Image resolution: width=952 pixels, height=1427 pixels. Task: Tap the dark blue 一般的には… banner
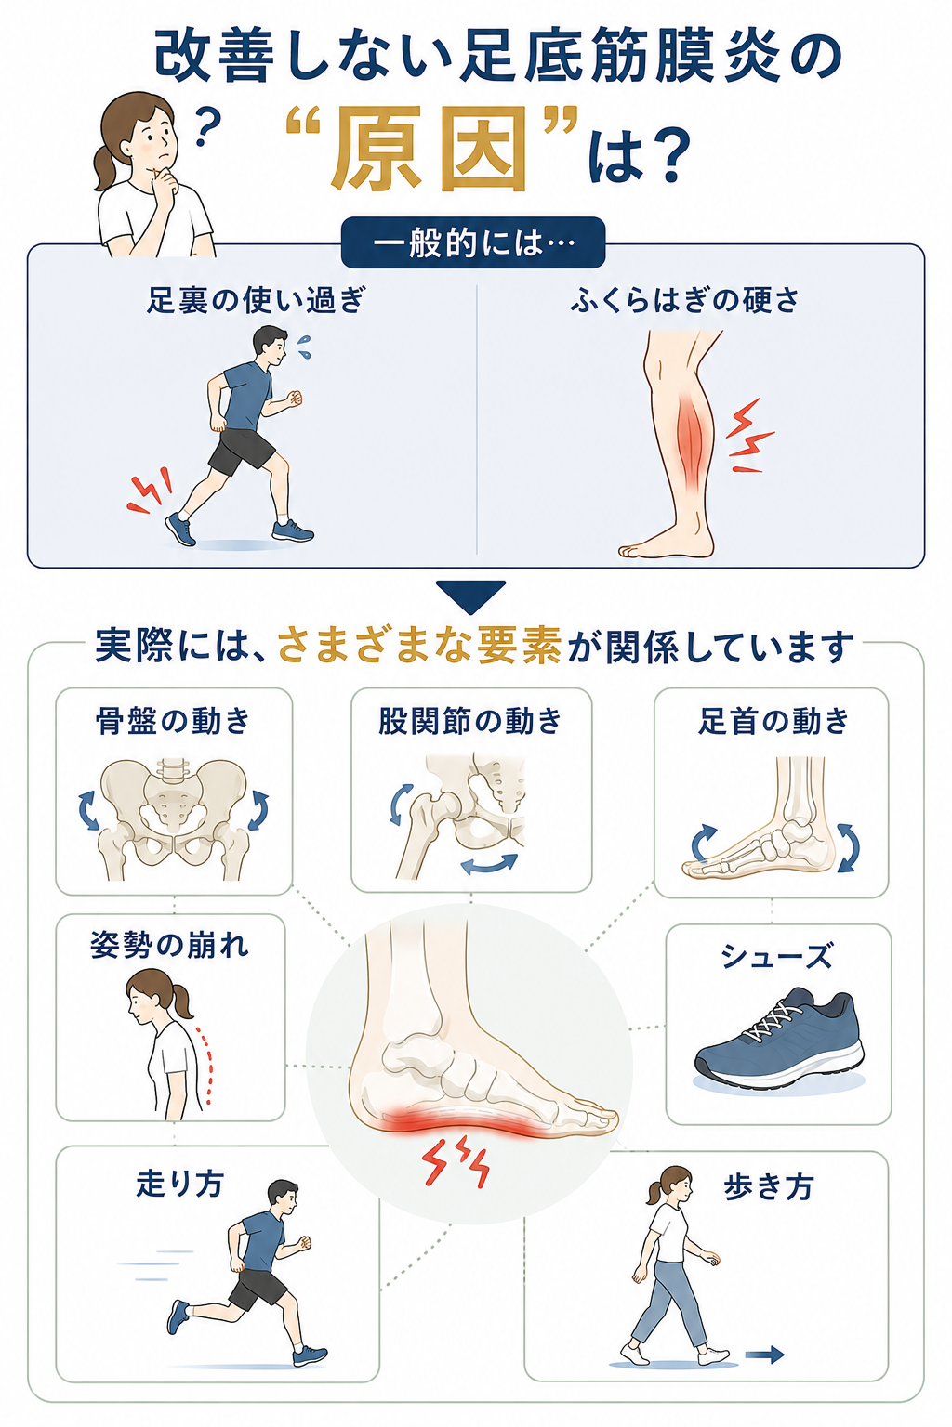coord(472,243)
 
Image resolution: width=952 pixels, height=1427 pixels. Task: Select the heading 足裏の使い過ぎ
coord(256,300)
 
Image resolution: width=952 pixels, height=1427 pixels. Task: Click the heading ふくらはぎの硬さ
coord(684,300)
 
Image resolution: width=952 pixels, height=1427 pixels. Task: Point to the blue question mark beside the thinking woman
coord(207,125)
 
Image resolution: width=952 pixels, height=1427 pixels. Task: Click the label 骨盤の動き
coord(173,722)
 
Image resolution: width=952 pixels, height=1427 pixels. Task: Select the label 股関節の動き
coord(470,722)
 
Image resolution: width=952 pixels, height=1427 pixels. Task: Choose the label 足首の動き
coord(773,722)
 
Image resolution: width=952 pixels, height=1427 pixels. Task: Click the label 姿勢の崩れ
coord(169,945)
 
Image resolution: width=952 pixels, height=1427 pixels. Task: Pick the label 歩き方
coord(768,1187)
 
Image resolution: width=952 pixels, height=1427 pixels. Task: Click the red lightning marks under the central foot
coord(456,1159)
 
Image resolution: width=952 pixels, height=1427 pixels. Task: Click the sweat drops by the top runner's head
coord(304,347)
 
